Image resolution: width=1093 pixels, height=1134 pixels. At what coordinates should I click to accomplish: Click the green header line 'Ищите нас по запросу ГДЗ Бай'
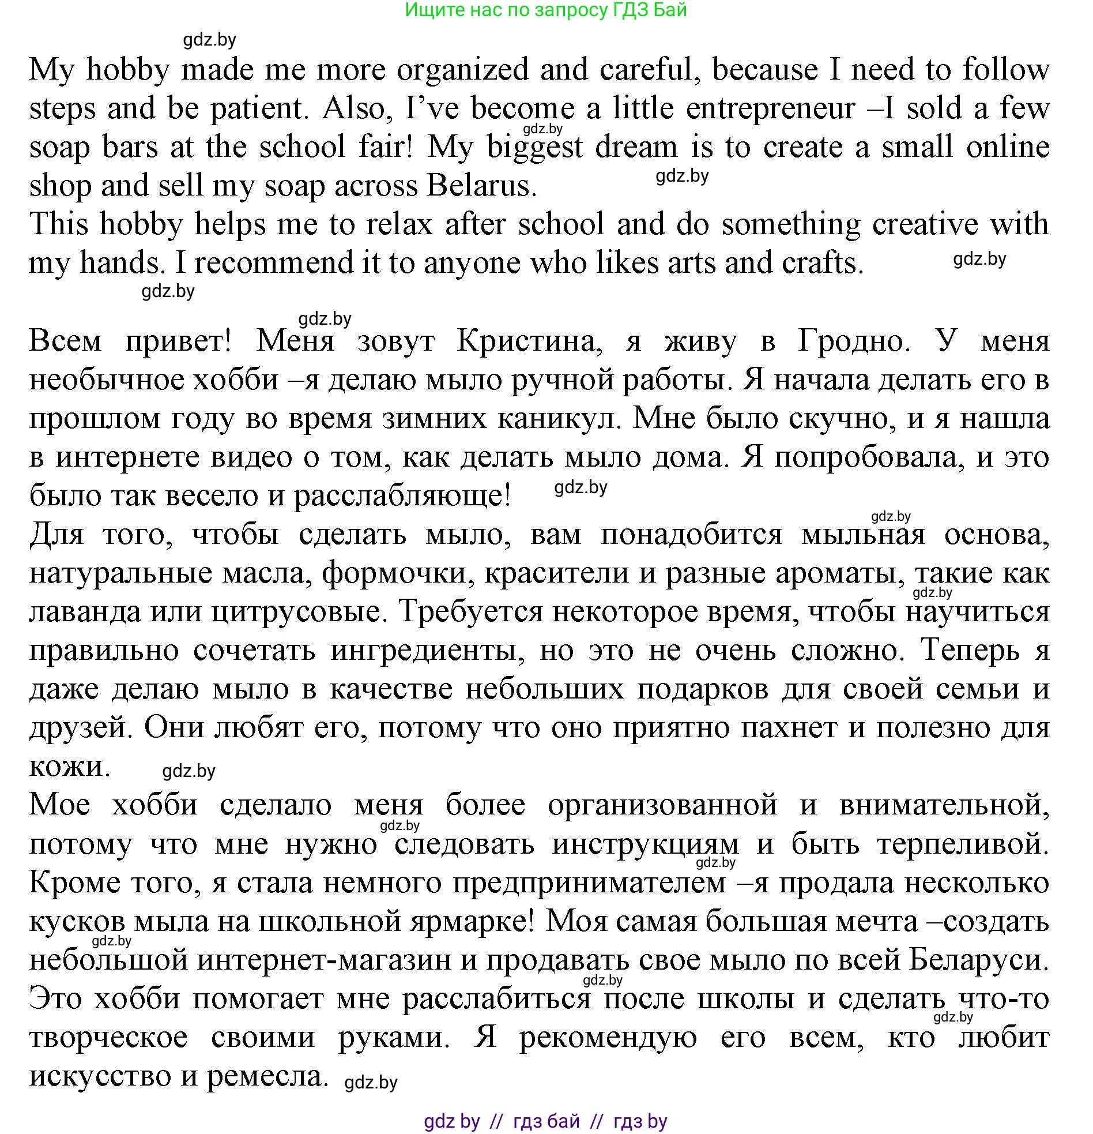[545, 10]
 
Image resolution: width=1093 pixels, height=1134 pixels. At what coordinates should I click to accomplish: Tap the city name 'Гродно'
[854, 341]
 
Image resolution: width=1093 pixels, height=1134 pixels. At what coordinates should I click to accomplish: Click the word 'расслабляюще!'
[402, 497]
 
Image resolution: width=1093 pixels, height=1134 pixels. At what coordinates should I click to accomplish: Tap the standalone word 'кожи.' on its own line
[69, 767]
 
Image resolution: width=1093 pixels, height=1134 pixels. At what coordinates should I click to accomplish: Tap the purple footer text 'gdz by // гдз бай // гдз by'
[545, 1121]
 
